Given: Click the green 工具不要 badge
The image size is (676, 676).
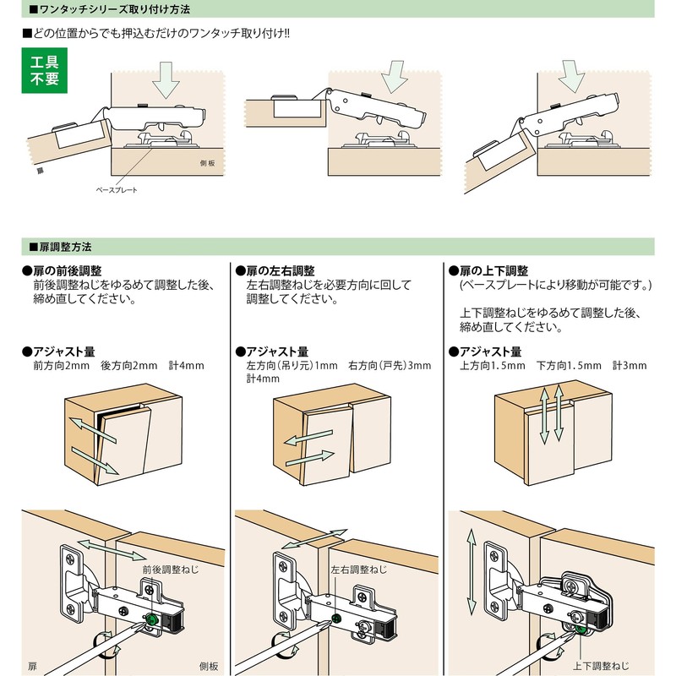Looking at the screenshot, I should click(x=44, y=72).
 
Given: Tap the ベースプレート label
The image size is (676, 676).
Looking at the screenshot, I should click(x=117, y=189).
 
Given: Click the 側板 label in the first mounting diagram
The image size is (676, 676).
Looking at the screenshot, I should click(x=210, y=163).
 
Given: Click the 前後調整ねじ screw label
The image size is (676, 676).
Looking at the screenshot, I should click(x=171, y=571).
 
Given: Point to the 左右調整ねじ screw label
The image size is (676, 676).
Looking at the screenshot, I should click(x=359, y=571).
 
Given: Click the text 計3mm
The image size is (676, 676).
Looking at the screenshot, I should click(x=629, y=366).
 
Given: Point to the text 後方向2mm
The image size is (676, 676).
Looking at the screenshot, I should click(x=129, y=366).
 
